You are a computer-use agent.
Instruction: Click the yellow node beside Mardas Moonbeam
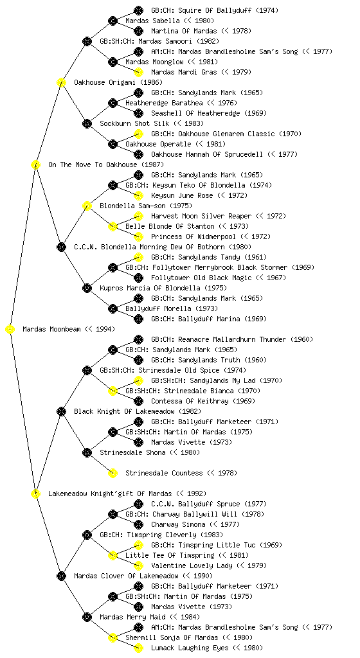pos(10,330)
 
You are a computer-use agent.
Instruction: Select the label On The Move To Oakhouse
pos(93,165)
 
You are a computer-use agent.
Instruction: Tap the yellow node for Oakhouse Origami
pos(61,83)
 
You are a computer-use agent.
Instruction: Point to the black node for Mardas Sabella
pos(113,21)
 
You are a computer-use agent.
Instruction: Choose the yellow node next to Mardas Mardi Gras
pos(138,72)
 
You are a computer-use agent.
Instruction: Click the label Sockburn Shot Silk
pos(135,124)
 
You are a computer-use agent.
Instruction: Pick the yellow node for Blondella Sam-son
pos(87,206)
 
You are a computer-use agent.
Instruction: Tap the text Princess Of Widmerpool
pos(194,236)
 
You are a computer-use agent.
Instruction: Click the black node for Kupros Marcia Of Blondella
pos(87,289)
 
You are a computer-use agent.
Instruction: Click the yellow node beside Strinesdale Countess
pos(113,474)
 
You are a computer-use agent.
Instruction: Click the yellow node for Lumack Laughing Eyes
pos(138,648)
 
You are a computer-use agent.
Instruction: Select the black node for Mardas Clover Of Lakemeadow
pos(61,576)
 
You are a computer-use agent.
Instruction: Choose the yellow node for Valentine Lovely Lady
pos(138,566)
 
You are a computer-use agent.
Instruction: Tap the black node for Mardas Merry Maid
pos(87,618)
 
